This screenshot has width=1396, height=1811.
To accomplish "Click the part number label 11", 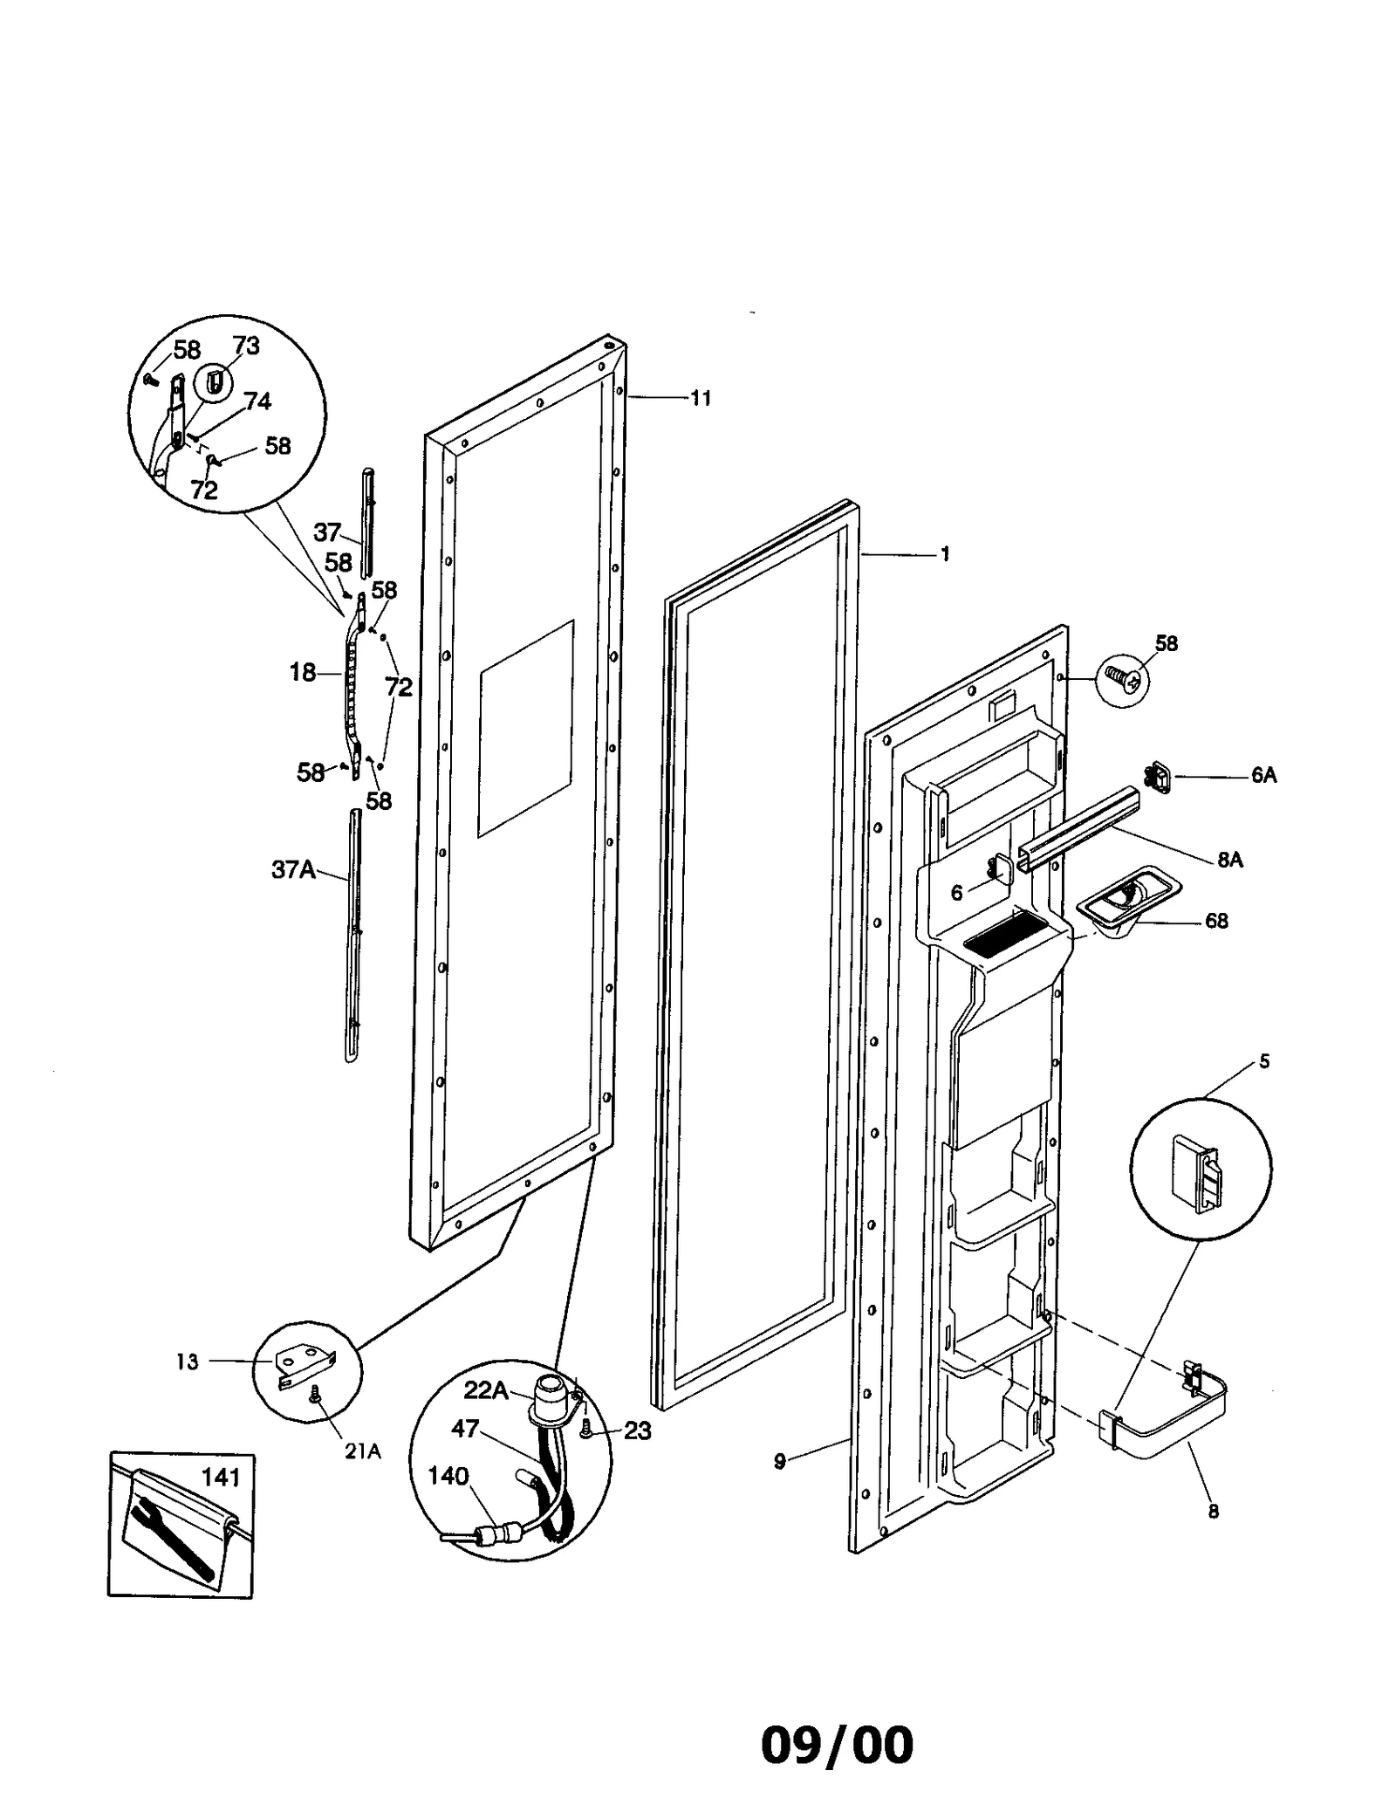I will pyautogui.click(x=701, y=399).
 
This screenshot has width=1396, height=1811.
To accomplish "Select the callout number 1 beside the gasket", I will pyautogui.click(x=945, y=554).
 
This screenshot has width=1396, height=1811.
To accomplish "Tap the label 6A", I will pyautogui.click(x=1263, y=775).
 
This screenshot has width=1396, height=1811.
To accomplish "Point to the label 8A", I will pyautogui.click(x=1229, y=860).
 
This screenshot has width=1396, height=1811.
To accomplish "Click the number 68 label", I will pyautogui.click(x=1216, y=921).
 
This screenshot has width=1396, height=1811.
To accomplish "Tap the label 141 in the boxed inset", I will pyautogui.click(x=220, y=1478).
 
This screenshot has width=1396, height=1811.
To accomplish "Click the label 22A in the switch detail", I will pyautogui.click(x=486, y=1390).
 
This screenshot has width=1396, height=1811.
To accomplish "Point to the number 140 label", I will pyautogui.click(x=448, y=1476).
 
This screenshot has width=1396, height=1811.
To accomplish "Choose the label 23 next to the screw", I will pyautogui.click(x=638, y=1430).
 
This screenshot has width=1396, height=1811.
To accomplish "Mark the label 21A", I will pyautogui.click(x=362, y=1452).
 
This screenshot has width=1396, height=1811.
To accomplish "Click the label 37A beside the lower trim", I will pyautogui.click(x=293, y=869).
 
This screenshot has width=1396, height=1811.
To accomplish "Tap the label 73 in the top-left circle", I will pyautogui.click(x=246, y=346).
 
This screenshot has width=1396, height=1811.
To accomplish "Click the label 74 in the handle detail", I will pyautogui.click(x=257, y=401).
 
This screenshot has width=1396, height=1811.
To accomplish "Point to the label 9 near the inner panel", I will pyautogui.click(x=780, y=1460).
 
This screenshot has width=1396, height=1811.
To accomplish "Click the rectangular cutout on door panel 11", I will pyautogui.click(x=525, y=729).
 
